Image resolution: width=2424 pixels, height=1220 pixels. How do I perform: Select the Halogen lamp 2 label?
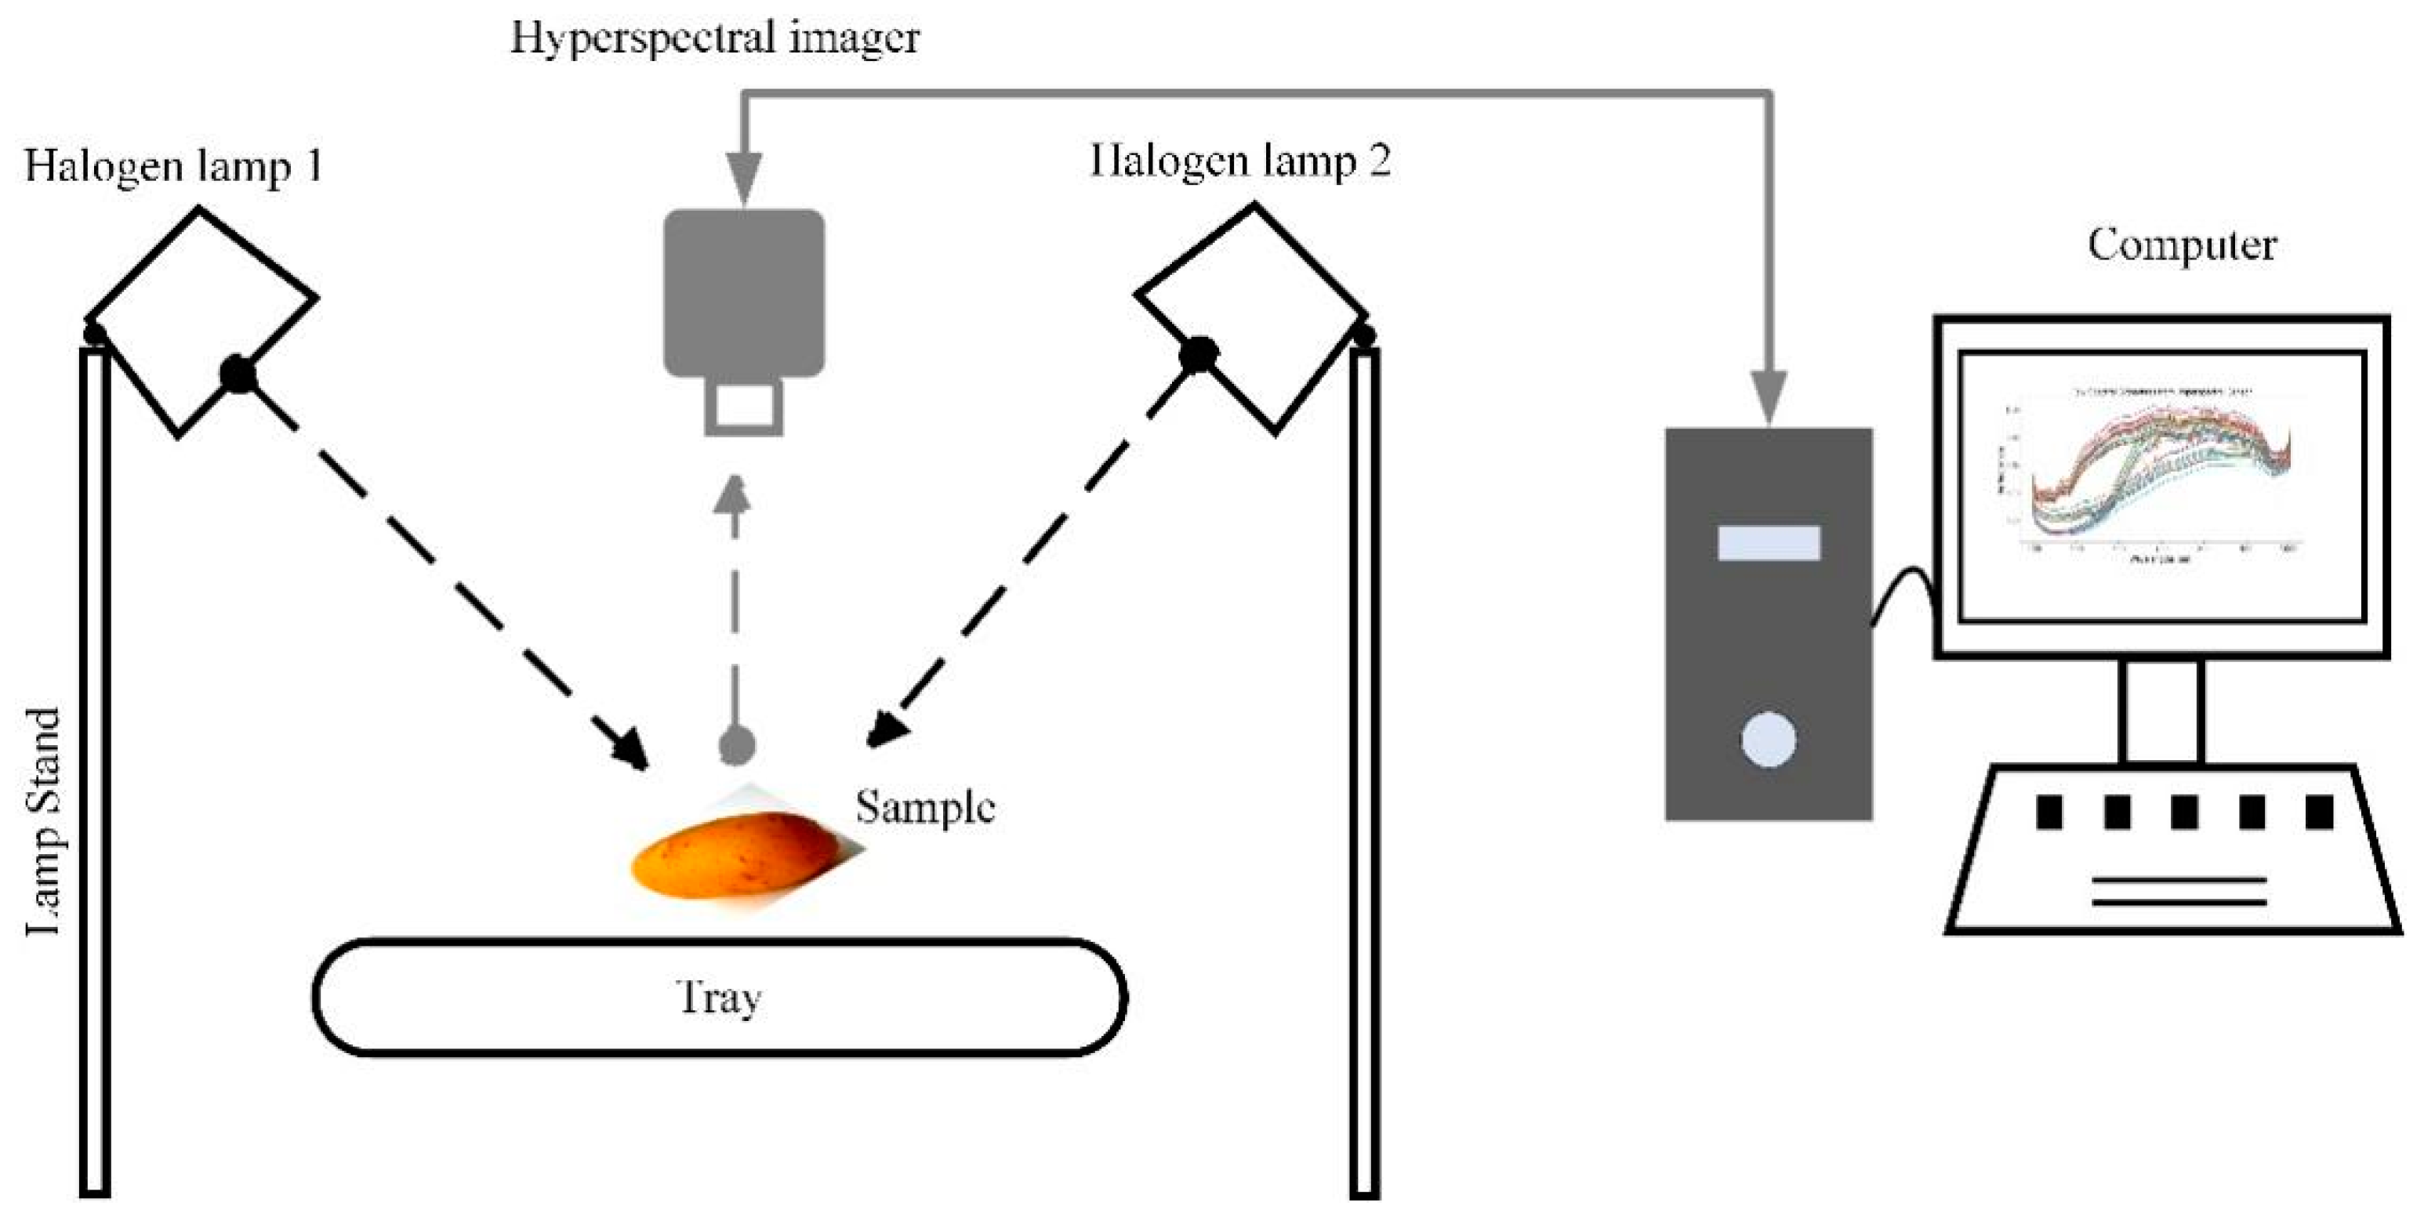click(x=1240, y=161)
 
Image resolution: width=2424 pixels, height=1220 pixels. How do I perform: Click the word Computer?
click(x=2181, y=245)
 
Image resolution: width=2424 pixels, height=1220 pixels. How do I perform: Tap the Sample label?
click(x=924, y=807)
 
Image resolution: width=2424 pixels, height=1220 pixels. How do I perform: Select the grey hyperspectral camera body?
click(x=743, y=291)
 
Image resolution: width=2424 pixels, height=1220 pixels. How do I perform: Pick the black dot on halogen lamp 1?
click(x=238, y=375)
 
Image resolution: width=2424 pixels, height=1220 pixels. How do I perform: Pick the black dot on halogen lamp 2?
click(x=1198, y=355)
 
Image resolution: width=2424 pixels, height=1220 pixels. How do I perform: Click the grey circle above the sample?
click(x=737, y=746)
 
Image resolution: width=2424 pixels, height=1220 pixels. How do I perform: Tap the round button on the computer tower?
click(x=1768, y=740)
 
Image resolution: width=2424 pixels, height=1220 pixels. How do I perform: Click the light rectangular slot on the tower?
click(x=1768, y=543)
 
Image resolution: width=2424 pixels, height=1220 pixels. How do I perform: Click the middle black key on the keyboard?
click(x=2183, y=812)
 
